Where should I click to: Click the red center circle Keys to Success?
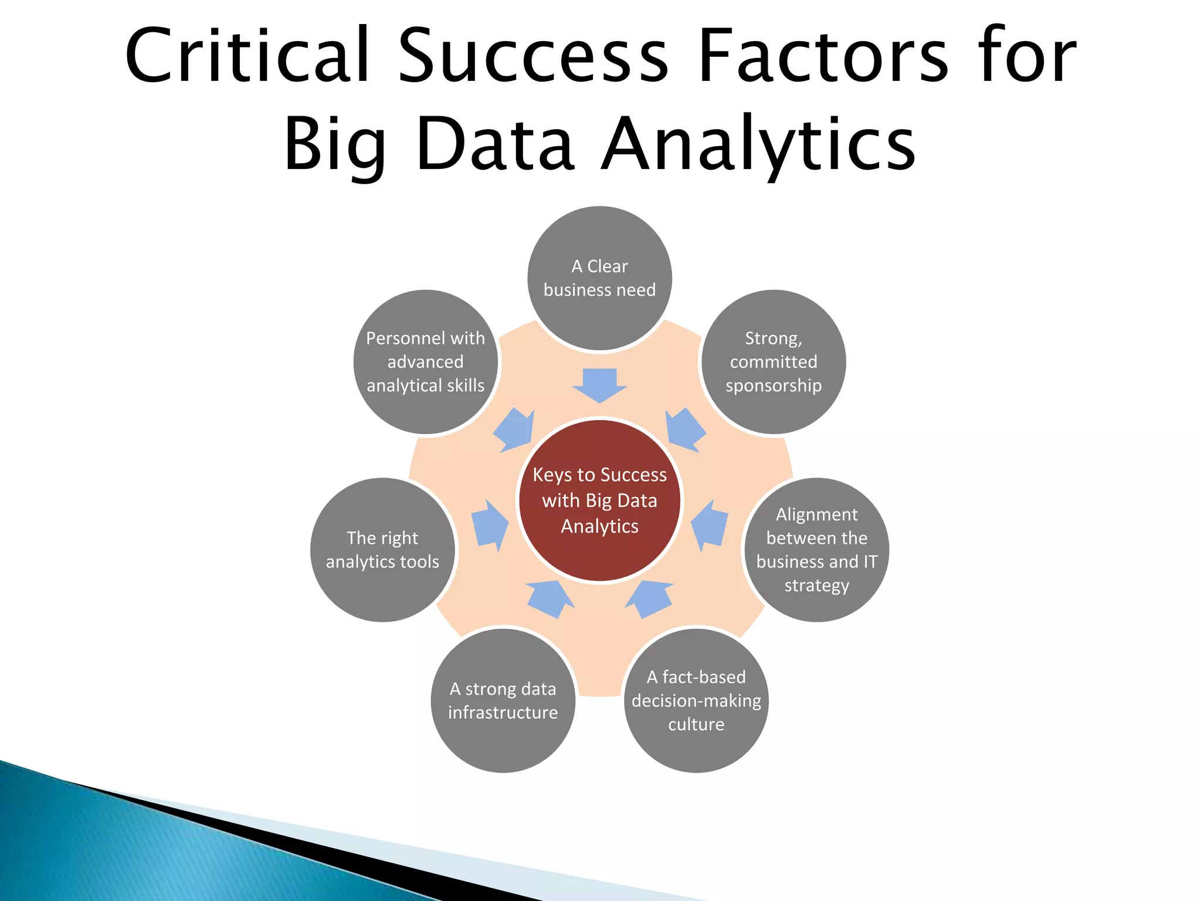pyautogui.click(x=599, y=500)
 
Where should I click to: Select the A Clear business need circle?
pyautogui.click(x=599, y=278)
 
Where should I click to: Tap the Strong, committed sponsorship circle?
pyautogui.click(x=773, y=362)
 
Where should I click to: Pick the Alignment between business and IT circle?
pyautogui.click(x=816, y=550)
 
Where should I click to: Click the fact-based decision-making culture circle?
pyautogui.click(x=696, y=700)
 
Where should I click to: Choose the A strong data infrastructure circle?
pyautogui.click(x=503, y=700)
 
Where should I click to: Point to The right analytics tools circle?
pyautogui.click(x=382, y=550)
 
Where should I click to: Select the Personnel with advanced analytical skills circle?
pyautogui.click(x=426, y=362)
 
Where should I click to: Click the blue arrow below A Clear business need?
pyautogui.click(x=599, y=385)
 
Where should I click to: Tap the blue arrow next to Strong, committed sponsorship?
pyautogui.click(x=684, y=429)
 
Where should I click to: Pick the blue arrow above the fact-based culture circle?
pyautogui.click(x=650, y=598)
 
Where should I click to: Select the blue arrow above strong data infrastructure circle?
pyautogui.click(x=549, y=598)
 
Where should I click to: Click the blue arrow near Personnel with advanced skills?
pyautogui.click(x=515, y=430)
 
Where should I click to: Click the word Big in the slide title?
pyautogui.click(x=334, y=145)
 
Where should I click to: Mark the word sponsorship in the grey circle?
pyautogui.click(x=773, y=386)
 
